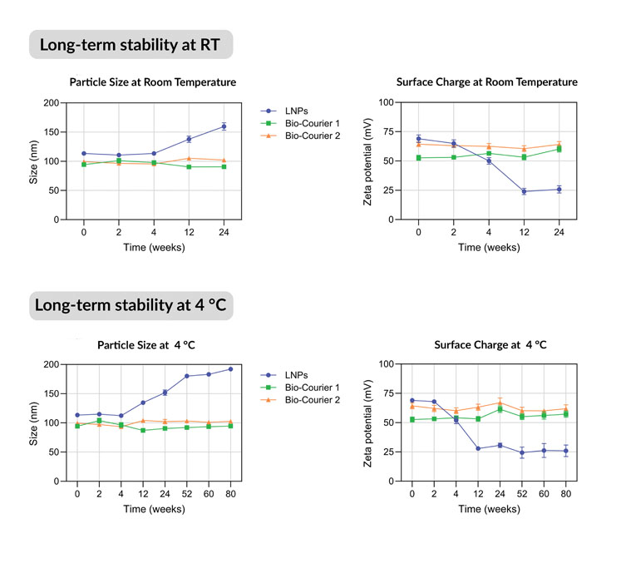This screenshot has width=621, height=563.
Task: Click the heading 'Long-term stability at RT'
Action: pyautogui.click(x=131, y=44)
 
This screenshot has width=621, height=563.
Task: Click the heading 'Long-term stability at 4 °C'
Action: pyautogui.click(x=131, y=305)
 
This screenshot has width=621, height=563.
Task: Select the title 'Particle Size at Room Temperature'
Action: pyautogui.click(x=152, y=82)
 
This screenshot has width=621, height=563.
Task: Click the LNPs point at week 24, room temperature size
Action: pyautogui.click(x=224, y=126)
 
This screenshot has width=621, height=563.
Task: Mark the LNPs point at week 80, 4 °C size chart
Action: pyautogui.click(x=230, y=369)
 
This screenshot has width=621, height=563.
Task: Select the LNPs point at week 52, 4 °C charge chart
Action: pyautogui.click(x=521, y=452)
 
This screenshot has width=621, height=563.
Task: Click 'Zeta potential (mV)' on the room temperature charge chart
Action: pyautogui.click(x=367, y=161)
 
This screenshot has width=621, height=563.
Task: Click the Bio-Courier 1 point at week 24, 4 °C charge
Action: pyautogui.click(x=500, y=409)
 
